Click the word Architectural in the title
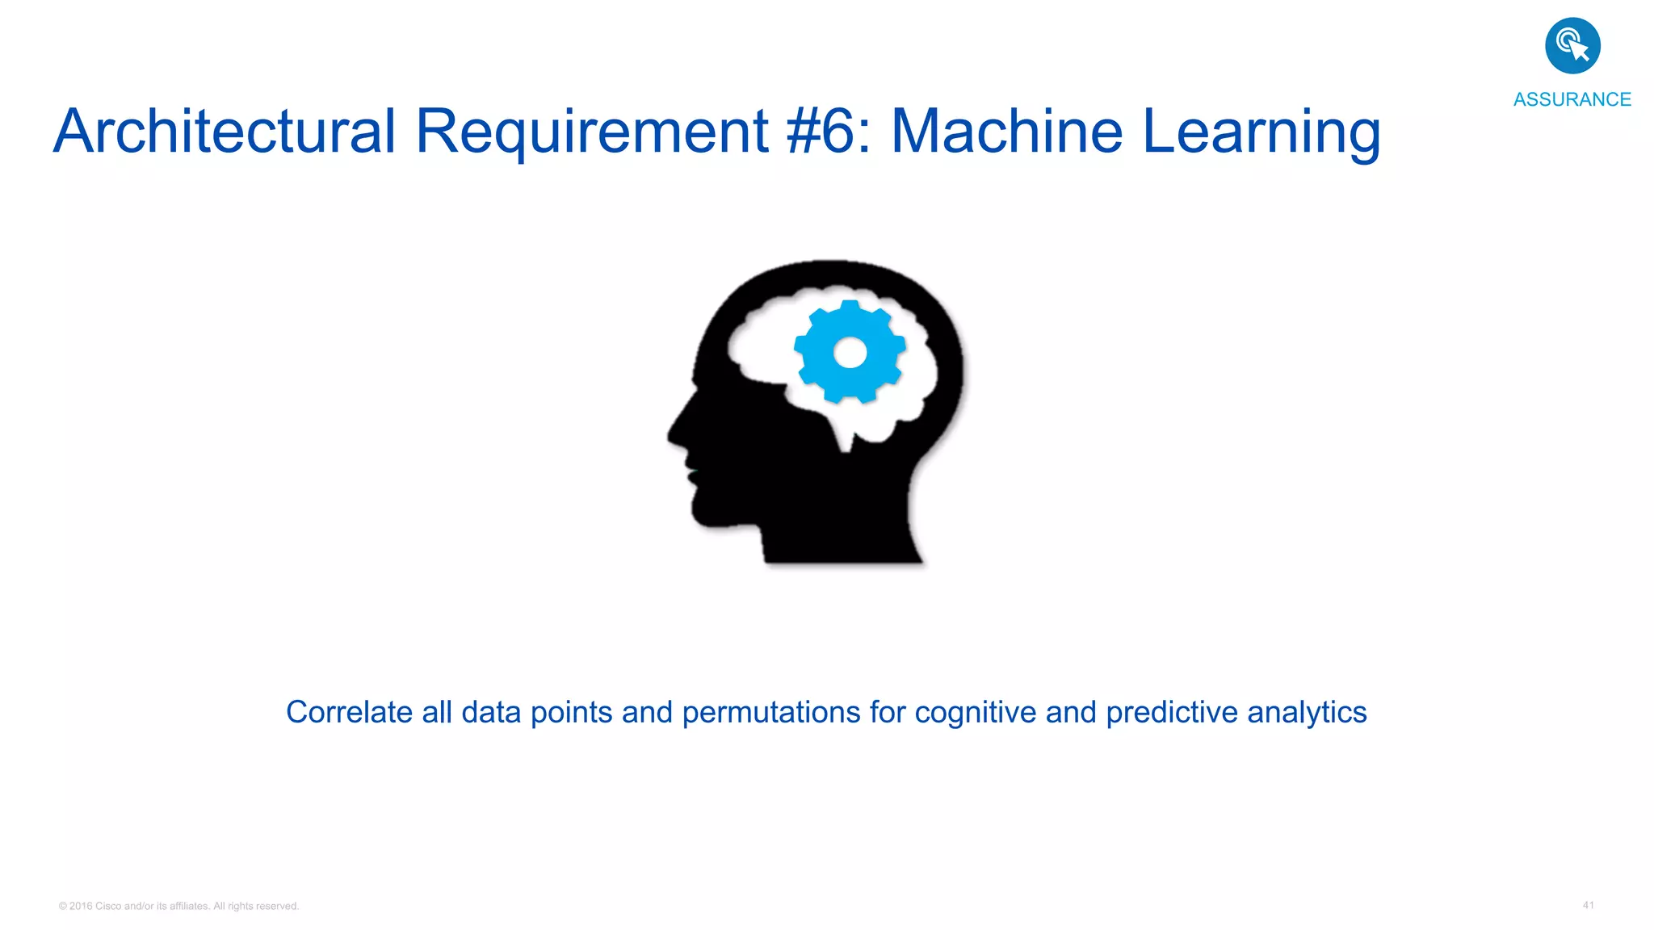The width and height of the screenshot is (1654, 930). pos(225,132)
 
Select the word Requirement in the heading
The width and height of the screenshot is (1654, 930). pos(591,132)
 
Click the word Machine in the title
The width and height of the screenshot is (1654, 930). pos(1006,132)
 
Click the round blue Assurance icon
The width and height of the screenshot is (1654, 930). pos(1572,46)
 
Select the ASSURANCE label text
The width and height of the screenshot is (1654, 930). pos(1572,99)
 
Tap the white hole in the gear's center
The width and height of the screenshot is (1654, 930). pos(850,353)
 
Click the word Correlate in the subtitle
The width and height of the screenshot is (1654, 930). pos(349,712)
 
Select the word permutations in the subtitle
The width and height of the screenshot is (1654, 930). pos(770,713)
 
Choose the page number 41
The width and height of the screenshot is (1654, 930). pos(1588,905)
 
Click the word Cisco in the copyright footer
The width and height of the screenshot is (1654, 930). pos(108,906)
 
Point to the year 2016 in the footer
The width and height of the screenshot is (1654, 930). pos(81,906)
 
